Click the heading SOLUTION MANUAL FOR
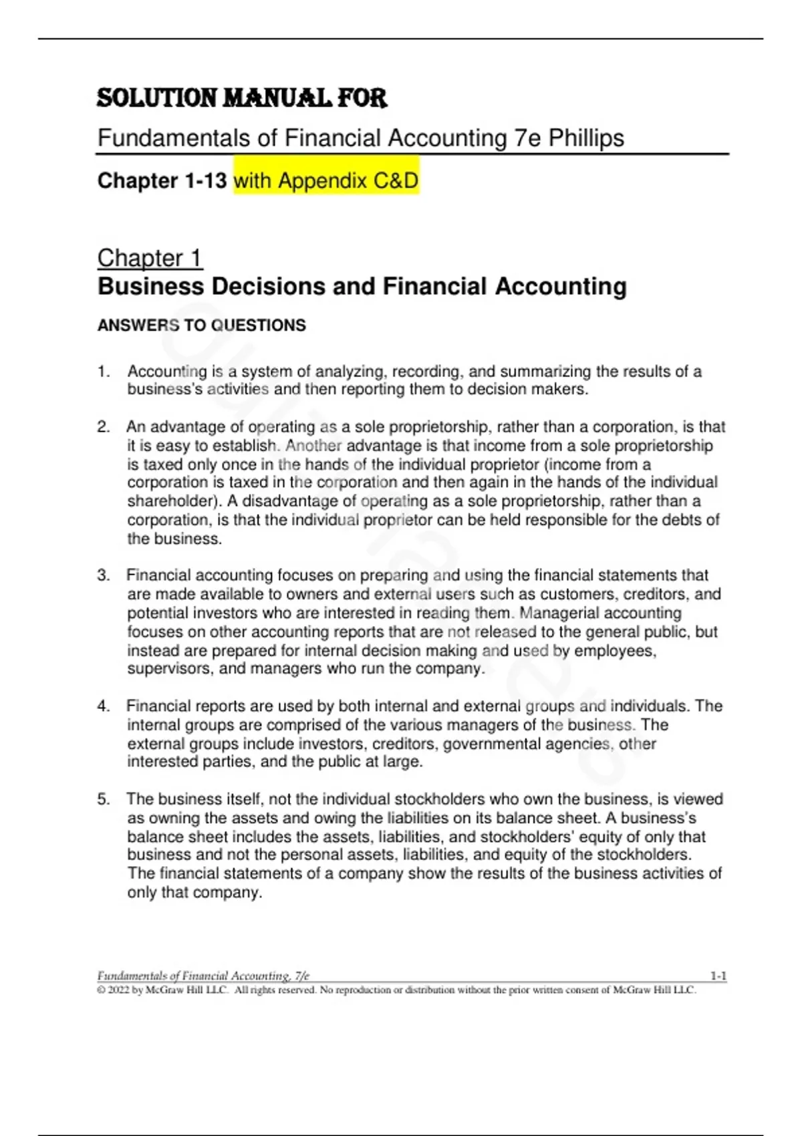[241, 98]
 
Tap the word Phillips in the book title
[586, 138]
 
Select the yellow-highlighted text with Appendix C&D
[326, 180]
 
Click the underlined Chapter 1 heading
[149, 258]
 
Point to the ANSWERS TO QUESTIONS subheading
[201, 325]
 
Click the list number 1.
[103, 372]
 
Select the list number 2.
[103, 427]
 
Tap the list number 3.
[103, 575]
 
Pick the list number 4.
[103, 706]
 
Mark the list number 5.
[103, 799]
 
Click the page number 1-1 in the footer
[718, 976]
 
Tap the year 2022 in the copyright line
[118, 990]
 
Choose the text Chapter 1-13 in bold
[162, 180]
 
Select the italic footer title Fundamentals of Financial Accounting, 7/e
[203, 976]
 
